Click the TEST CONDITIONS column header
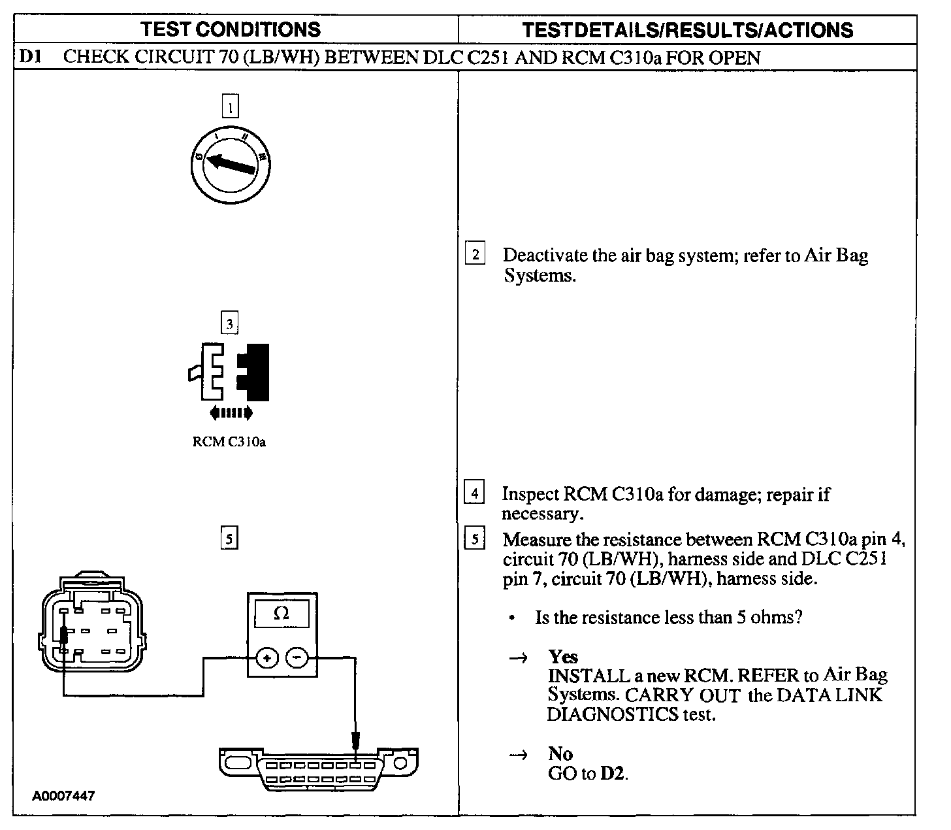231,29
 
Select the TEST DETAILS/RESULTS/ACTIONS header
688,30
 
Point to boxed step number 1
231,107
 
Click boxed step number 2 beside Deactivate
475,254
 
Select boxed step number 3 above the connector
229,323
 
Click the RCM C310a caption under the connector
229,442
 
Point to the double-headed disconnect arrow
230,413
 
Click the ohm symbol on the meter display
282,614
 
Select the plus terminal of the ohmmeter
266,657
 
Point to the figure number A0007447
64,797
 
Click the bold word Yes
563,657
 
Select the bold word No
560,754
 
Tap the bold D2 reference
613,774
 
